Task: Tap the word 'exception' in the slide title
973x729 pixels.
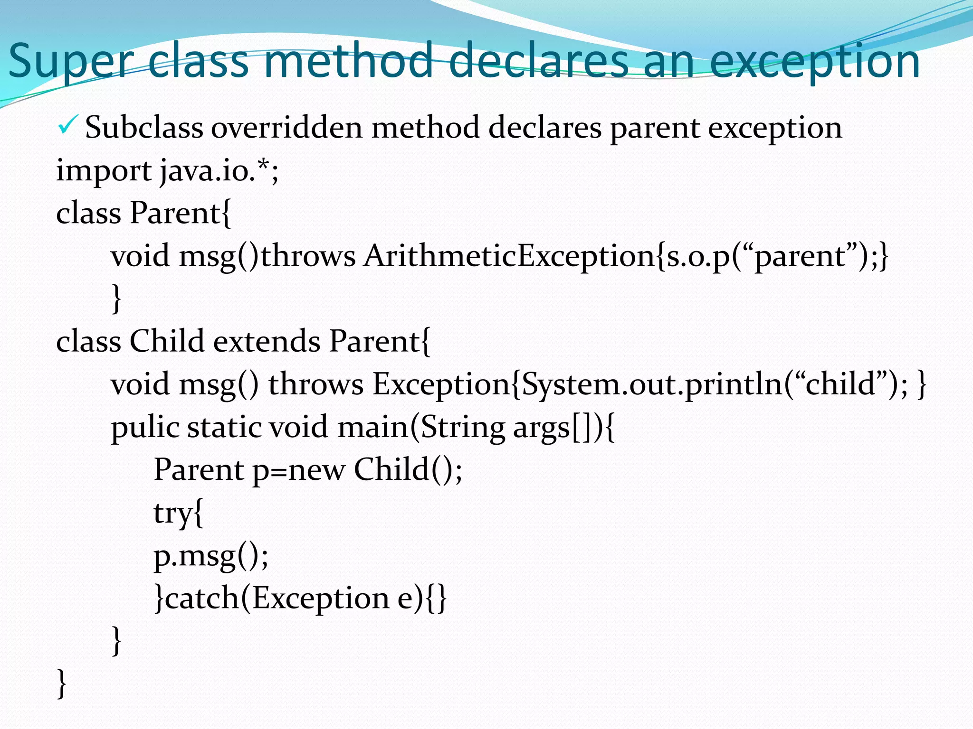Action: coord(815,62)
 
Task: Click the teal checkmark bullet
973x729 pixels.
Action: coord(65,126)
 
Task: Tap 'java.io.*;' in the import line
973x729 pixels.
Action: coord(219,171)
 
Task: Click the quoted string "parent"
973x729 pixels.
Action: coord(800,256)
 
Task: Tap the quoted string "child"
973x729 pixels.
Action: coord(841,384)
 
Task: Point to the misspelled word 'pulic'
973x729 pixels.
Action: coord(144,427)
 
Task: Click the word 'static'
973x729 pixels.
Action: coord(224,427)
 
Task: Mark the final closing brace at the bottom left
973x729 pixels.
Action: coord(61,683)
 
